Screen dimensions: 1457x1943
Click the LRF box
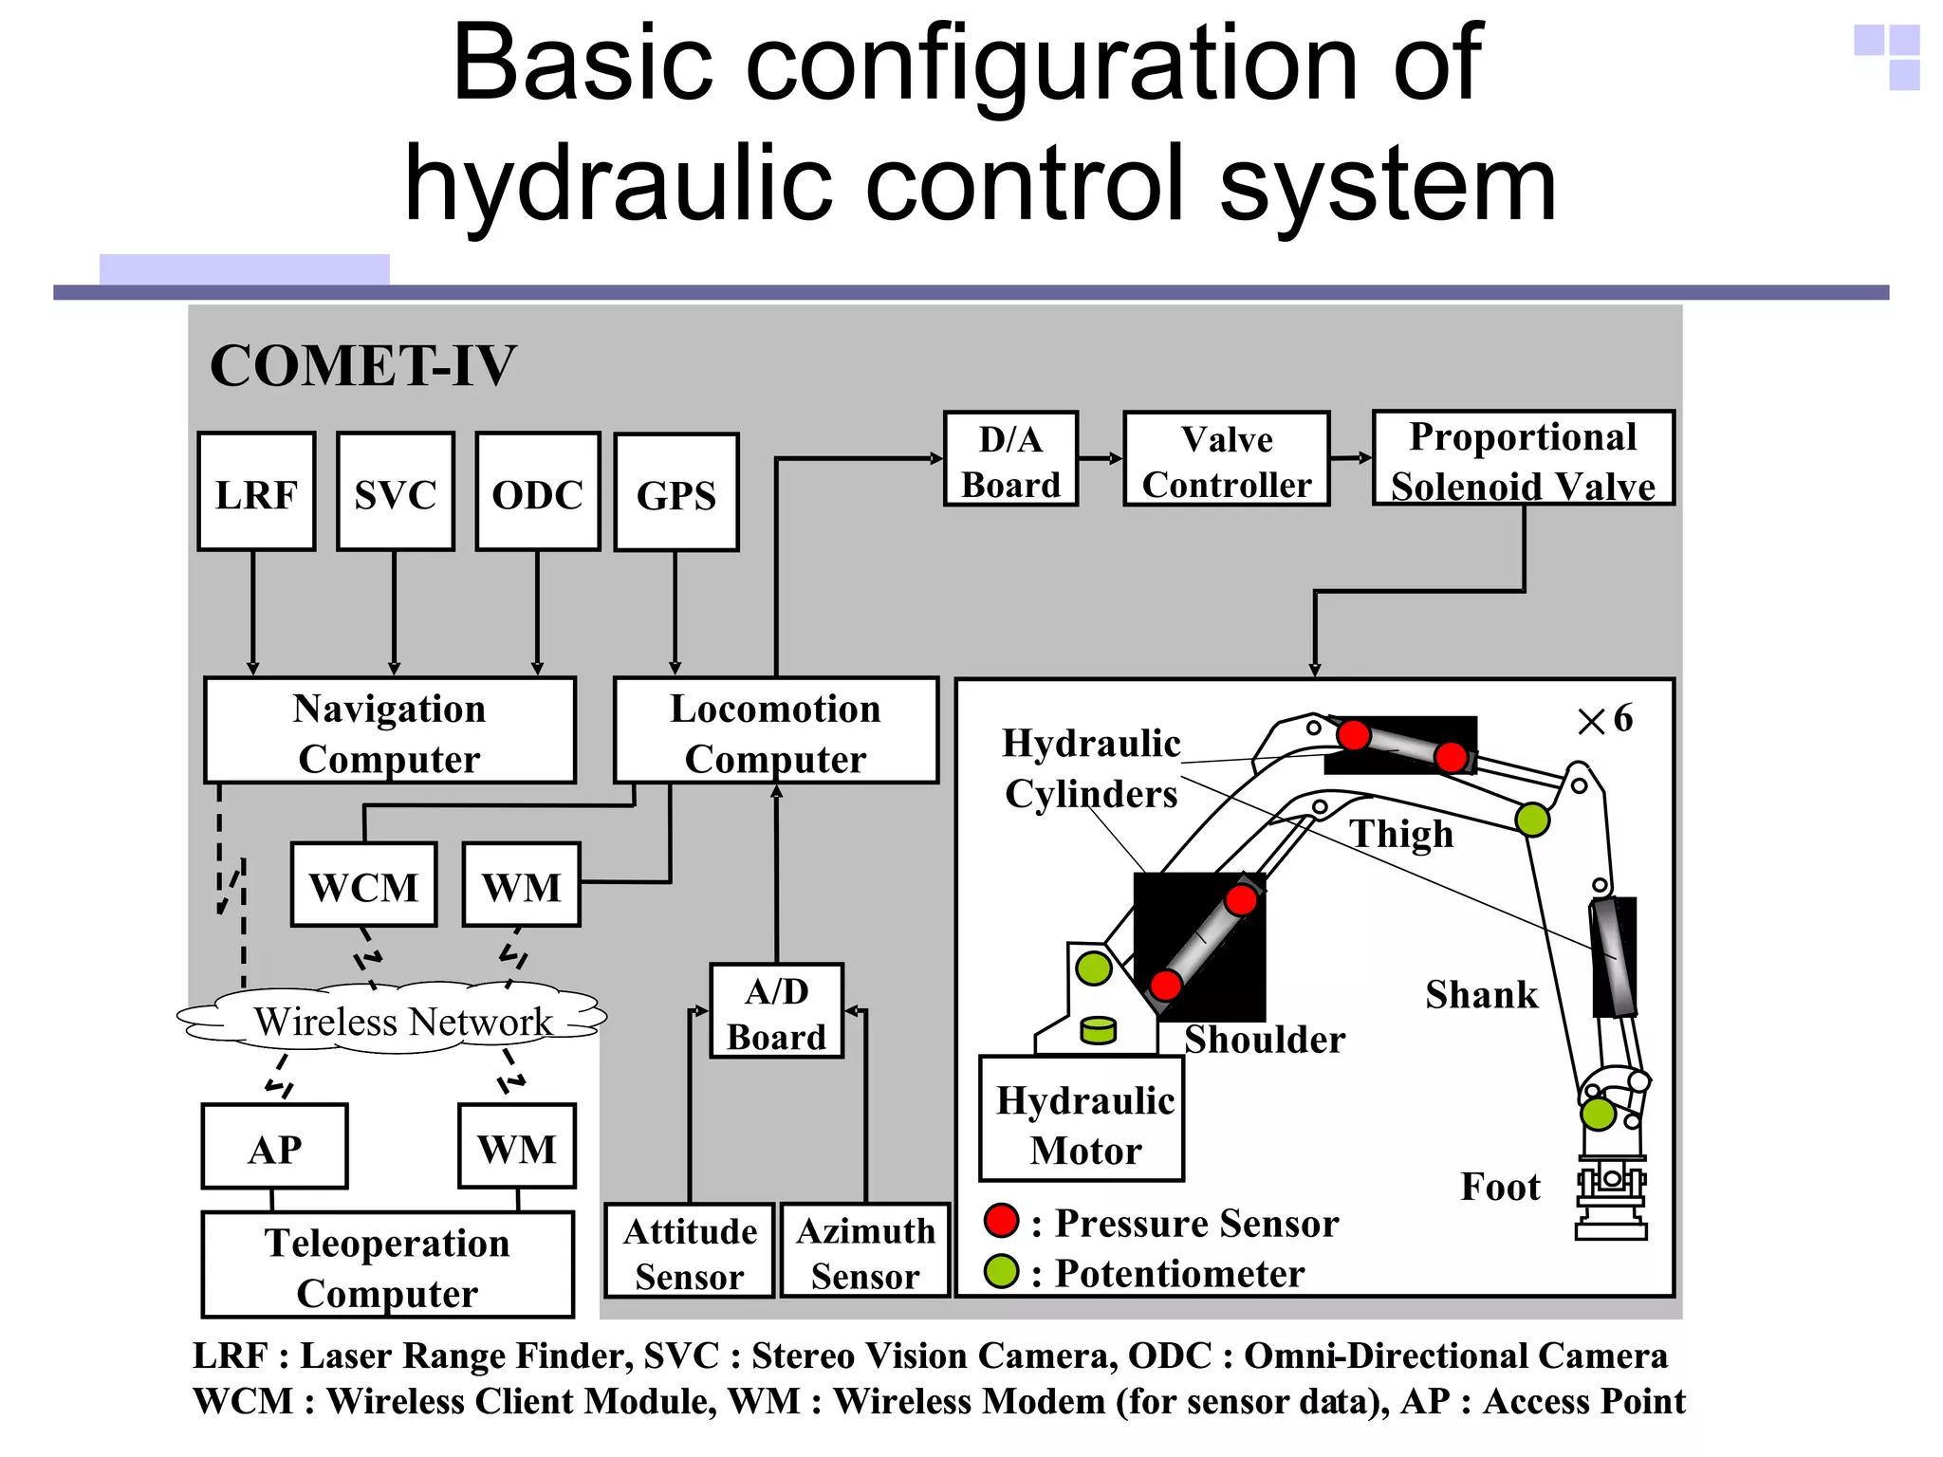(256, 491)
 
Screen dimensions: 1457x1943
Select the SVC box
(395, 491)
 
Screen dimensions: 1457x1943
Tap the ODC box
(537, 491)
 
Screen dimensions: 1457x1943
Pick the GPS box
(675, 492)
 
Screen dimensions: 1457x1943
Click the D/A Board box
(1010, 459)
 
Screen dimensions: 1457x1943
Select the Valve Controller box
(1226, 459)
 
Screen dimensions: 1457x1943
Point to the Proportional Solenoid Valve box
(1523, 459)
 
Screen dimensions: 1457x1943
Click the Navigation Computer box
(389, 730)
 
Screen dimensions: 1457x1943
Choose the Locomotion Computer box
(775, 730)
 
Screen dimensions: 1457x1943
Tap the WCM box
(363, 885)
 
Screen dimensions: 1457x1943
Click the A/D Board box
(776, 1011)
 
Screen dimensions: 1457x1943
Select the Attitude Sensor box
(690, 1251)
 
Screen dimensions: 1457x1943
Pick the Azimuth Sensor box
(865, 1251)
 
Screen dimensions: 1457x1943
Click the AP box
(274, 1147)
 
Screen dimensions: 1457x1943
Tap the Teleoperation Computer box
(387, 1265)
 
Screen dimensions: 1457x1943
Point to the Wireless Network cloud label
(402, 1022)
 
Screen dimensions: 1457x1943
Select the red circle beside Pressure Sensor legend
(1002, 1221)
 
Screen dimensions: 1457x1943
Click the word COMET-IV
(362, 365)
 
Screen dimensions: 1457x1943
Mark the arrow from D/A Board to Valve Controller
(1101, 459)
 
